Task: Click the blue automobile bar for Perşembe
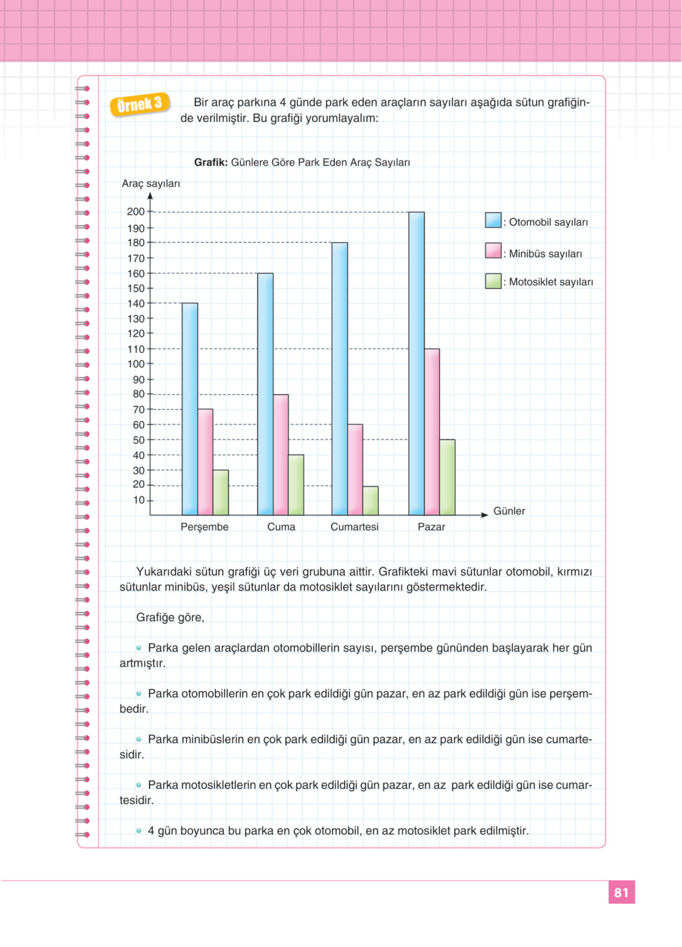coord(190,409)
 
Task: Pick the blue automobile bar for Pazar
coord(416,363)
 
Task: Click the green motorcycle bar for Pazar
coord(447,477)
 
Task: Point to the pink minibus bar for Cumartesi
coord(355,469)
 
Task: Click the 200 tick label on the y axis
coord(136,212)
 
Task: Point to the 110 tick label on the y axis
coord(136,349)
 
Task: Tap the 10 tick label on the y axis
coord(139,500)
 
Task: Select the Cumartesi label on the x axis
coord(354,527)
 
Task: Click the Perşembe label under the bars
coord(204,527)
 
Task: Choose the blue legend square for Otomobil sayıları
coord(493,220)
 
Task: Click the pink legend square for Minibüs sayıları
coord(493,250)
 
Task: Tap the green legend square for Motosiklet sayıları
coord(493,281)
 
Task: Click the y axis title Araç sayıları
coord(151,184)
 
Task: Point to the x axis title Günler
coord(509,511)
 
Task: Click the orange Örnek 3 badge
coord(140,104)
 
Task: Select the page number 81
coord(621,892)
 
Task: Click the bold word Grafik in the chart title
coord(211,163)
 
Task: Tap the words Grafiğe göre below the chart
coord(170,618)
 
